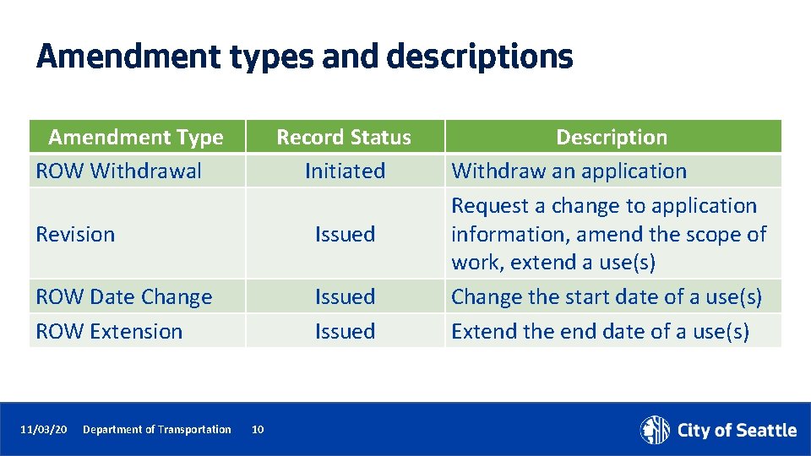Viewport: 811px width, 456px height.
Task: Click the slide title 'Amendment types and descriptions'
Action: coord(304,57)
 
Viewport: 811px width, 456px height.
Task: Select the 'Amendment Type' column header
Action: coord(136,137)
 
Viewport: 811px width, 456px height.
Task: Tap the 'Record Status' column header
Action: coord(344,137)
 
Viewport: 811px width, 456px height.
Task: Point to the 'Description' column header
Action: coord(612,137)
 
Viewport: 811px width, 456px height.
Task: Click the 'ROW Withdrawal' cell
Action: coord(118,171)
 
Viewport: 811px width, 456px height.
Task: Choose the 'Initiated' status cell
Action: coord(345,171)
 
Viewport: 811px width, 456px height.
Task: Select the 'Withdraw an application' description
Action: coord(569,171)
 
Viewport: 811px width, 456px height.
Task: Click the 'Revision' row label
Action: coord(75,234)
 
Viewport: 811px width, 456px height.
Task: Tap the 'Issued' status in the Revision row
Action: coord(345,234)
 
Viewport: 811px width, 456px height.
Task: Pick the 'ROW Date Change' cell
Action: coord(124,297)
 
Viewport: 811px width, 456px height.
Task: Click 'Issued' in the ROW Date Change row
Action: coord(345,297)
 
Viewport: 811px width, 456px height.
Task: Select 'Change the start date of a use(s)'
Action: coord(606,297)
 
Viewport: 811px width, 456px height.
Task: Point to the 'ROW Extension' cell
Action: coord(109,331)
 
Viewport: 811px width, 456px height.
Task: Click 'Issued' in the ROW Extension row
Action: coord(345,331)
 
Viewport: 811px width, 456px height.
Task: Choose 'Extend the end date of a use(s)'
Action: coord(600,331)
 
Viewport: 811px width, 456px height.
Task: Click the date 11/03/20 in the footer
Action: coord(44,430)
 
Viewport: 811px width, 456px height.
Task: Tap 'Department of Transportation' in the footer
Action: coord(156,430)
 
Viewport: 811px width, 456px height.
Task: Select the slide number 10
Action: coord(258,430)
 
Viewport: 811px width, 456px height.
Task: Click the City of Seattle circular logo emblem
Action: coord(655,430)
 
